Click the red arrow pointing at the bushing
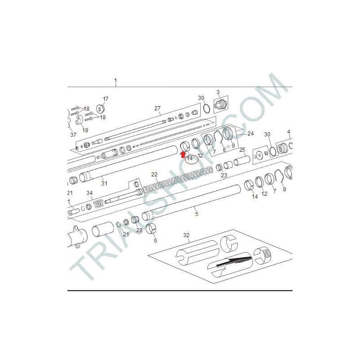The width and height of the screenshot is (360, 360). pos(183,154)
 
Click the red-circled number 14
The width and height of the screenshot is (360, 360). pos(190,158)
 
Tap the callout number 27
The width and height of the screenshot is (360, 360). pos(157,108)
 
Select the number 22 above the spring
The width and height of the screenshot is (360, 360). pos(154,175)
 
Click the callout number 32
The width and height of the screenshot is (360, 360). pos(186,235)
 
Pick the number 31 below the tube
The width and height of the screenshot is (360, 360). pos(104,183)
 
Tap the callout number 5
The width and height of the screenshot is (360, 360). pos(197,214)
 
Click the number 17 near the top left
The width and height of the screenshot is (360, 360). pos(106,99)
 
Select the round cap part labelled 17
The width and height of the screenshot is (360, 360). pos(100,109)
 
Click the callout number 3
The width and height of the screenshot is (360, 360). pos(218,92)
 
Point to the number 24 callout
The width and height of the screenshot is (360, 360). pos(251,133)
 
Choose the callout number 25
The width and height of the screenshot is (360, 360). pos(242,150)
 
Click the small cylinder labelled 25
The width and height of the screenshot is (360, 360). pos(242,161)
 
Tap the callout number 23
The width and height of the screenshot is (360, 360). pos(224,175)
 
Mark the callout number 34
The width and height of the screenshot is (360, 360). pos(90,193)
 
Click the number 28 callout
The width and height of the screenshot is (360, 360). pos(139,230)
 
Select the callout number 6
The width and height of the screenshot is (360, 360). pos(155,240)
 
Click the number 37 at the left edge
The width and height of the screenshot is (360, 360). pos(73,135)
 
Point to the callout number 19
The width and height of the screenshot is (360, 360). pos(85,130)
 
